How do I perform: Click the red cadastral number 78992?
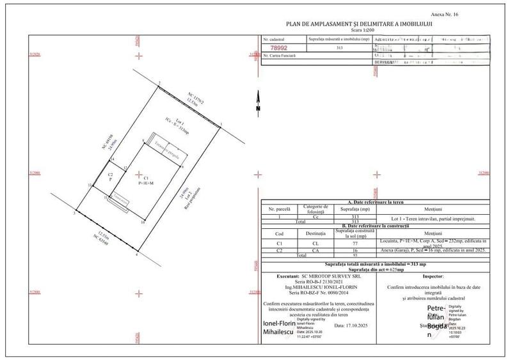[x=278, y=48]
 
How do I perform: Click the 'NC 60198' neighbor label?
[x=102, y=144]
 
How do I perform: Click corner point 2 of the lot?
[x=159, y=82]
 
